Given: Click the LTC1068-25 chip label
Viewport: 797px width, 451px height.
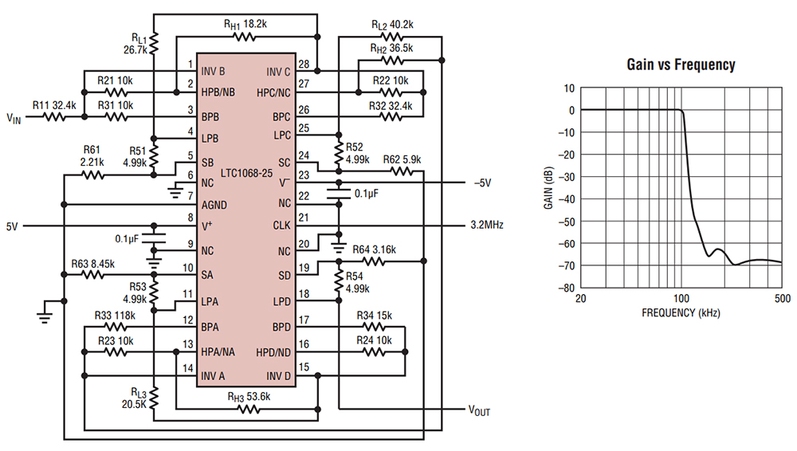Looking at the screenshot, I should click(x=248, y=171).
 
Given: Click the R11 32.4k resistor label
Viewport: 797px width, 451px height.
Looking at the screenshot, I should click(x=54, y=104).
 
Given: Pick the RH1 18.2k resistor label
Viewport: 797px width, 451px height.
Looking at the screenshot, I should click(x=248, y=24).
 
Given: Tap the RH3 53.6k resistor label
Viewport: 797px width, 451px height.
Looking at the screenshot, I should click(x=249, y=398).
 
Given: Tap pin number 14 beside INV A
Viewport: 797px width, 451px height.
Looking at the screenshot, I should click(x=188, y=368).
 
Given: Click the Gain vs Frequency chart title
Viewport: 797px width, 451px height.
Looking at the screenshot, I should click(x=680, y=65).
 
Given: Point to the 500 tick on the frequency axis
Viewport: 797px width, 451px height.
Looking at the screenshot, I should click(x=781, y=298).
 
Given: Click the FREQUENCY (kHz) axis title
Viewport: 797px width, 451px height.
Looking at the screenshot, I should click(x=680, y=313).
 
